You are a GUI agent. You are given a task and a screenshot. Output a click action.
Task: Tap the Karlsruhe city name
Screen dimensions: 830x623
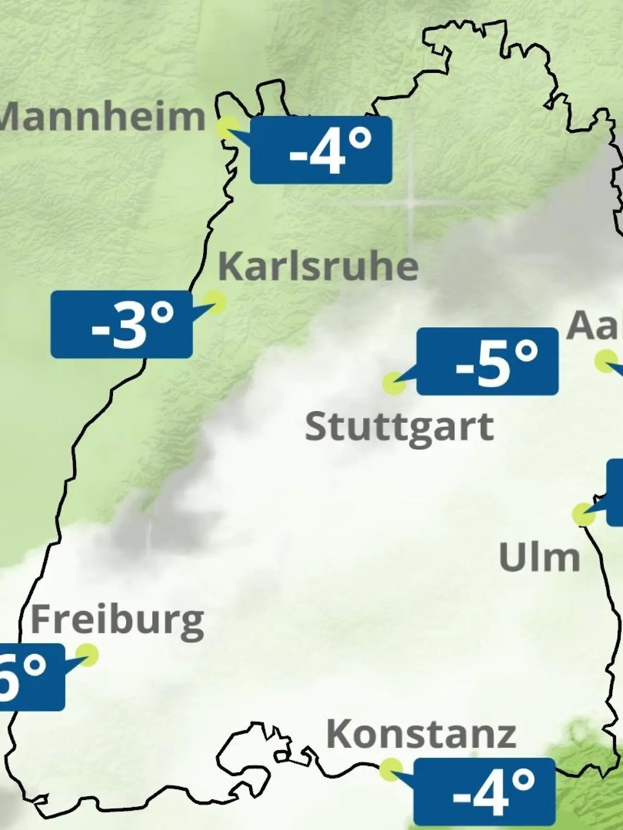pos(318,266)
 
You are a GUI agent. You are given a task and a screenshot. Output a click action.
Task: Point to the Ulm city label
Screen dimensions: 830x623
pos(539,558)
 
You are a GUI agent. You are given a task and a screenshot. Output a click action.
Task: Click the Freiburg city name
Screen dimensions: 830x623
pos(117,620)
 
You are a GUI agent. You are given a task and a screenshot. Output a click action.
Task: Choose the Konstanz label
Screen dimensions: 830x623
pos(421,734)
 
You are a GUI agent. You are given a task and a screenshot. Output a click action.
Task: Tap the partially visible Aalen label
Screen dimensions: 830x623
pos(594,325)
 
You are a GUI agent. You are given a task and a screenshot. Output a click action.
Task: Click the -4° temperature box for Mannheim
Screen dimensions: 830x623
pos(321,150)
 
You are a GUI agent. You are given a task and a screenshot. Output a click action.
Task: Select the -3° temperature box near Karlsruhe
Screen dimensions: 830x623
pos(121,324)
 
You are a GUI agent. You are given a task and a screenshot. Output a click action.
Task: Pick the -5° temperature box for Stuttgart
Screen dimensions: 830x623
pos(487,361)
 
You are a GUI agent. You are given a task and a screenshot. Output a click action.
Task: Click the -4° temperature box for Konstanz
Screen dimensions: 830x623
pos(484,791)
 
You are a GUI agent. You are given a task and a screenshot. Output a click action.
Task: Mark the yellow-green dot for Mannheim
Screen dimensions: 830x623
pos(227,127)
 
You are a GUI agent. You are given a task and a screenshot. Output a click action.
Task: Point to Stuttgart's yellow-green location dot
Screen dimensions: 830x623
pos(394,383)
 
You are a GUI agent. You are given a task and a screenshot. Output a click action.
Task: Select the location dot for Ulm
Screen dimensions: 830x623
pos(583,514)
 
